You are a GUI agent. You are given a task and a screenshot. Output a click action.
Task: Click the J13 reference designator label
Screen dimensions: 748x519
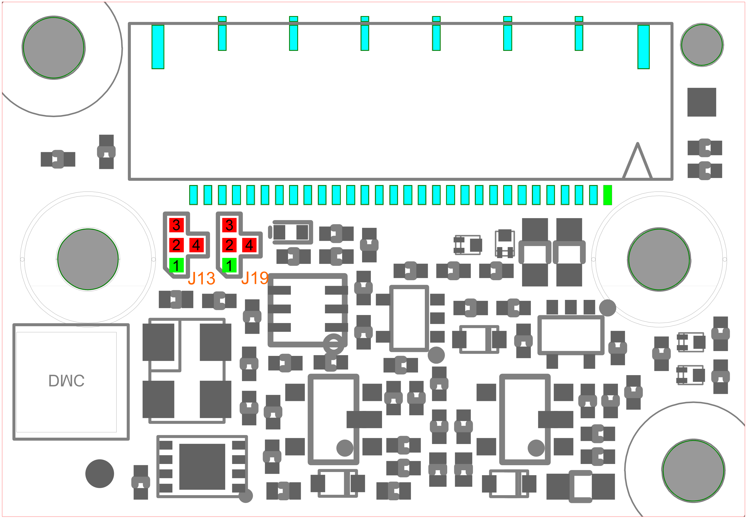(x=201, y=278)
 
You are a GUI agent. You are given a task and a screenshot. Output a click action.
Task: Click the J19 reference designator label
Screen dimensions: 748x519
(x=255, y=278)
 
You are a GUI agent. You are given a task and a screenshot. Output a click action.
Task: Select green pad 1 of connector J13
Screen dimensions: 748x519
(x=176, y=265)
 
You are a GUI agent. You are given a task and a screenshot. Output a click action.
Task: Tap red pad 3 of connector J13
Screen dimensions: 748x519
(x=176, y=225)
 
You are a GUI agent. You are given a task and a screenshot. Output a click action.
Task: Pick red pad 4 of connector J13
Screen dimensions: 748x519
(x=196, y=245)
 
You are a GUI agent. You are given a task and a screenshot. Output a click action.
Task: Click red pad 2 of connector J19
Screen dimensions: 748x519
(x=229, y=245)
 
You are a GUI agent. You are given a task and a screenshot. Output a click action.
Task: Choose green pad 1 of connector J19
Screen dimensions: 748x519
(x=229, y=265)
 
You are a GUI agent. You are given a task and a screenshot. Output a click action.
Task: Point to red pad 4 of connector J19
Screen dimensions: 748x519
(x=249, y=245)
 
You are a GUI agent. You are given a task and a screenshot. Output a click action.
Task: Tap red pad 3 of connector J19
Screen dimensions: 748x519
(x=229, y=225)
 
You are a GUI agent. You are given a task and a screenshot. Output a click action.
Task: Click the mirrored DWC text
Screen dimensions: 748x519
(x=67, y=380)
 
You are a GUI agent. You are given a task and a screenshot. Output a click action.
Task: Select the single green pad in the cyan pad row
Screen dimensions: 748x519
(x=607, y=195)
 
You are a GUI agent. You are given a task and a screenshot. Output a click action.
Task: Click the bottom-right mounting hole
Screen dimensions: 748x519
(x=694, y=471)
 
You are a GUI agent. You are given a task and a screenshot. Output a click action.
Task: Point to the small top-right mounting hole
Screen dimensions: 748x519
(x=702, y=45)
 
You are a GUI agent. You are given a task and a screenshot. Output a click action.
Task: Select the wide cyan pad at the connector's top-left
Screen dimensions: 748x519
(x=158, y=47)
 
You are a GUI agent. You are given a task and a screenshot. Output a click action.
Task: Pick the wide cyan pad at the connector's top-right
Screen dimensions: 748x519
(x=643, y=47)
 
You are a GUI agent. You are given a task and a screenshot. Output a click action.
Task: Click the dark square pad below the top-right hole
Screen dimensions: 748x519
(x=702, y=102)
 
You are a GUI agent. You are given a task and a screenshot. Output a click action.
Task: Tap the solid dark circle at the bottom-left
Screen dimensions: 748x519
(x=100, y=473)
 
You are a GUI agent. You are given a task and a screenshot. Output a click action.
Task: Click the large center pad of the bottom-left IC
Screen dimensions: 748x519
(x=202, y=467)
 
